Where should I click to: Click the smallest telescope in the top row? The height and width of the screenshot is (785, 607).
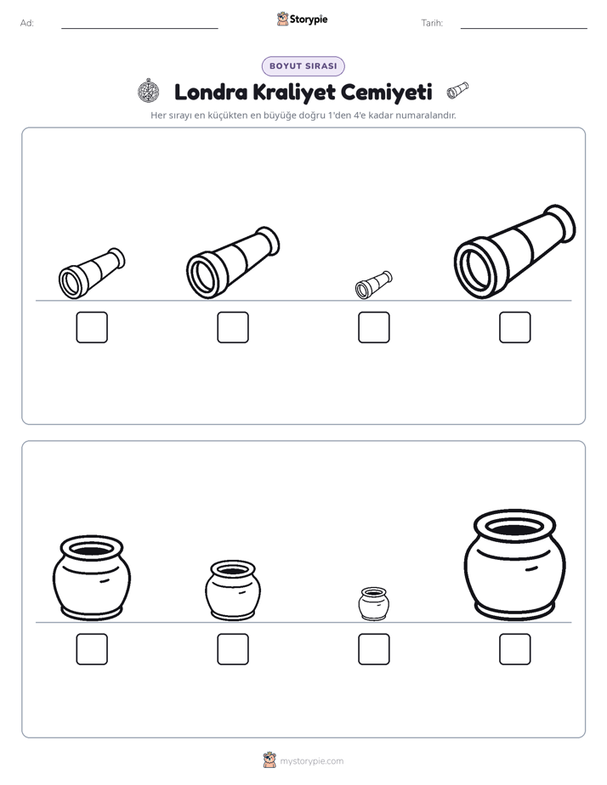click(x=373, y=285)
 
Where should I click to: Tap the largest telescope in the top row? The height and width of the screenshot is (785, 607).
click(x=515, y=251)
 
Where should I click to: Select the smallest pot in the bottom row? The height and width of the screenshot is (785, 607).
click(x=374, y=604)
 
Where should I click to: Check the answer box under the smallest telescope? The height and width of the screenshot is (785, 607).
click(x=374, y=327)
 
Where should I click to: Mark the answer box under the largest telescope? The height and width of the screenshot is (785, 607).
click(x=515, y=327)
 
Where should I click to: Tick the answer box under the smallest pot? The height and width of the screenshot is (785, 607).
click(x=374, y=649)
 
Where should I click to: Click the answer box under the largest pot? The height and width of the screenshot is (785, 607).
click(x=515, y=649)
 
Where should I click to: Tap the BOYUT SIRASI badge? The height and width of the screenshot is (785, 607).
click(x=303, y=66)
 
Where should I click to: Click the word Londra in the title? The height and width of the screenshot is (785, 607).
click(x=211, y=92)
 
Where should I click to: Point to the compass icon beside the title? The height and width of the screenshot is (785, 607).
click(x=149, y=91)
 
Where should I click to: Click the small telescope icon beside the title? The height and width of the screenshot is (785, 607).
click(x=457, y=90)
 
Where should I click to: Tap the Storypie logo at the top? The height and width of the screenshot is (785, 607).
click(x=303, y=19)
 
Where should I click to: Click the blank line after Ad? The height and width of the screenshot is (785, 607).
click(x=139, y=28)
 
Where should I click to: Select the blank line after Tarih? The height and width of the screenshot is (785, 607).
click(x=524, y=28)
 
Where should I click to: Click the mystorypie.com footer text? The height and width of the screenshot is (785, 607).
click(x=311, y=761)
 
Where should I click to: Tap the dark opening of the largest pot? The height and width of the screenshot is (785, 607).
click(x=515, y=528)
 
